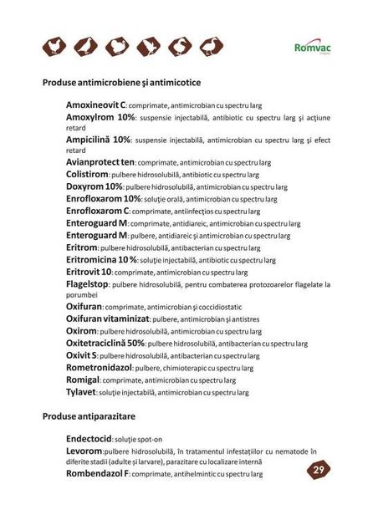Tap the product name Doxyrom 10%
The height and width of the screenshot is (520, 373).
[x=94, y=186]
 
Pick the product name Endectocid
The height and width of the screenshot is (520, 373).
[x=89, y=437]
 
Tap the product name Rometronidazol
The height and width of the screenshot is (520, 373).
[x=100, y=366]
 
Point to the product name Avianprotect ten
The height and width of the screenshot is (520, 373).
[x=100, y=162]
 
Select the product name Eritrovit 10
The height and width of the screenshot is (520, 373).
[x=89, y=272]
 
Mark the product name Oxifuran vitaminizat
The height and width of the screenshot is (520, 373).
[x=107, y=319]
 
